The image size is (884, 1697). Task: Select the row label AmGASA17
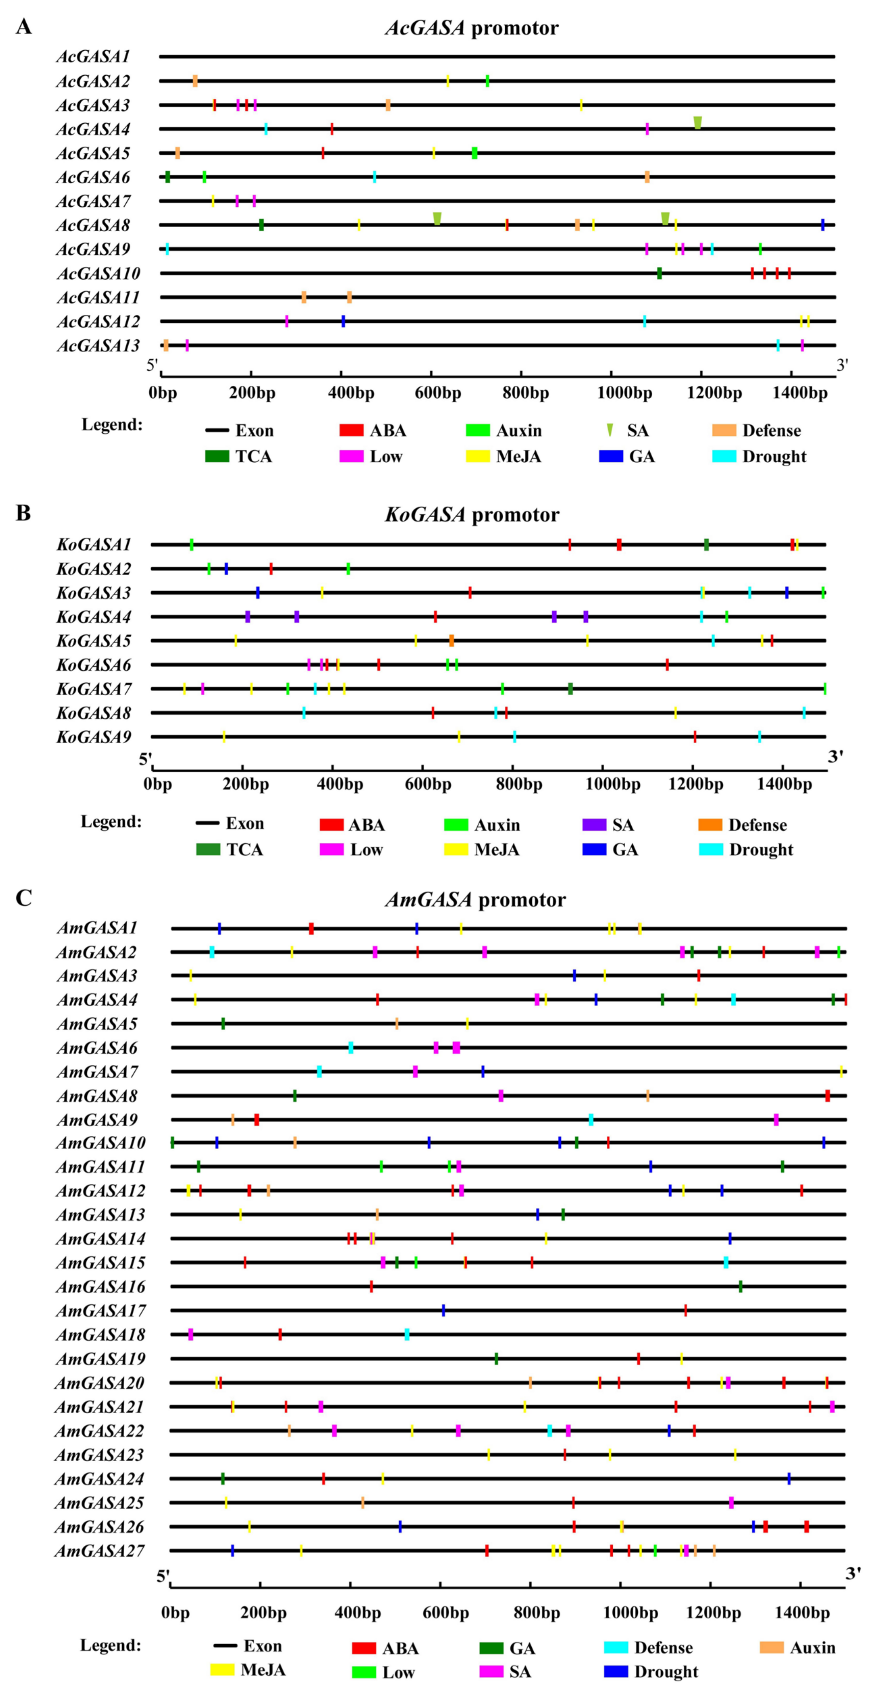(100, 1311)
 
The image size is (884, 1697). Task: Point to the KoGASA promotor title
(472, 514)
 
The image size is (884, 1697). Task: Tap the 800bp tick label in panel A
(526, 393)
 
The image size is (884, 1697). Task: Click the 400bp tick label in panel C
(358, 1613)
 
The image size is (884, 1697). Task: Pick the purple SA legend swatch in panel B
(594, 825)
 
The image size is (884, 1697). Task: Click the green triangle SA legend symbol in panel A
(610, 430)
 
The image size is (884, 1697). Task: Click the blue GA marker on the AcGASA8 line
(823, 225)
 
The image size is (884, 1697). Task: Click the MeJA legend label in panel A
(519, 457)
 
